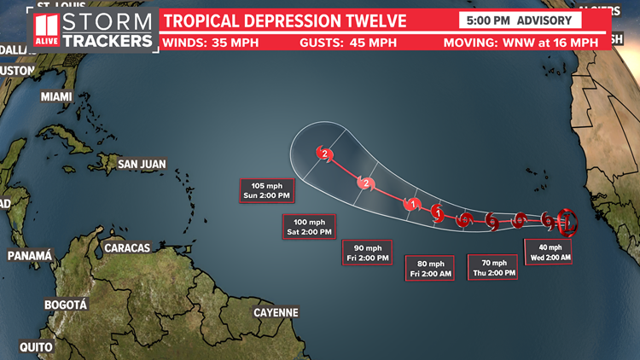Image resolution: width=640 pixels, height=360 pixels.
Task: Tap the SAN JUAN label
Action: coord(142,164)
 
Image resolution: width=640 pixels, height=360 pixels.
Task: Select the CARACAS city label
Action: coord(126,248)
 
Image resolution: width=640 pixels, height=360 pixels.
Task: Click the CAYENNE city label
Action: coord(276,312)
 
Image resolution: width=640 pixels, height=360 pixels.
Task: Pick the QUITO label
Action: coord(38,346)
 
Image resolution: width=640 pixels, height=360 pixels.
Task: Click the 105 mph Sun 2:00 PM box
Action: coord(266,191)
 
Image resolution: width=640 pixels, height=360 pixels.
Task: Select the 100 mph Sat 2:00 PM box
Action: coord(308,226)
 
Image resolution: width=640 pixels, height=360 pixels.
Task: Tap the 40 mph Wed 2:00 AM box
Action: coord(548,253)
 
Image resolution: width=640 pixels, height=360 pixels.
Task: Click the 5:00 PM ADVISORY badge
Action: coord(520,20)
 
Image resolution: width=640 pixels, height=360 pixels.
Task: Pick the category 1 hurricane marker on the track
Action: coord(413,204)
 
